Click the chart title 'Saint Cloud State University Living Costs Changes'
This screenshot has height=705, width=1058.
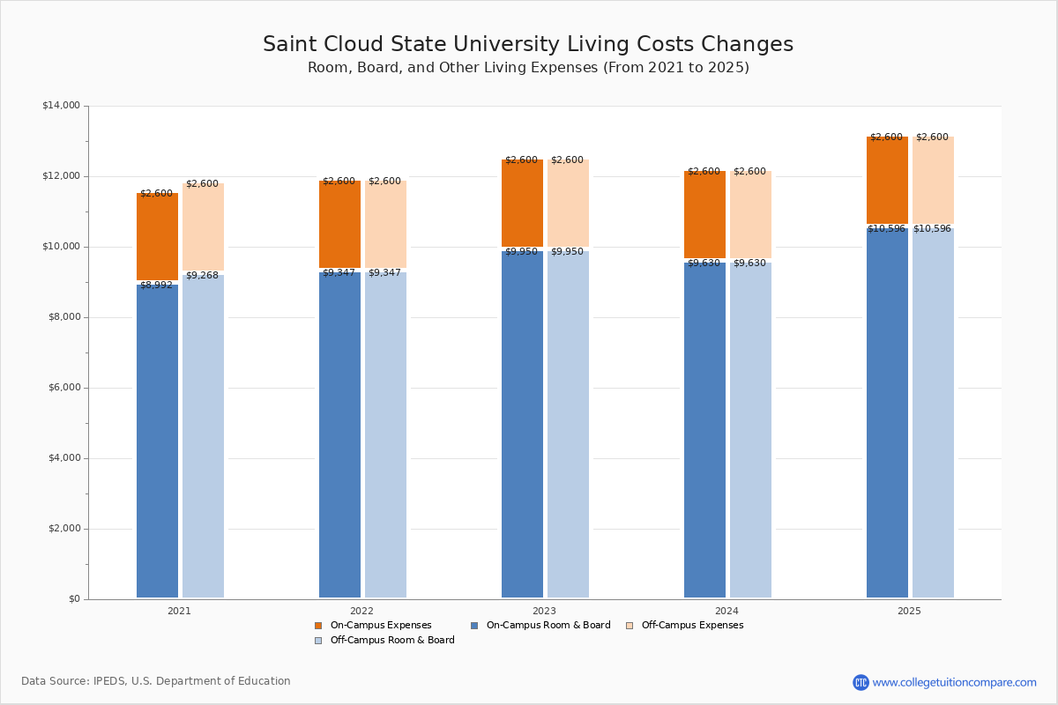coord(528,45)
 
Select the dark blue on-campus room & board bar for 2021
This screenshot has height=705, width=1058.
coord(157,441)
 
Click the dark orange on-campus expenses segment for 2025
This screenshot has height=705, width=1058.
coord(887,181)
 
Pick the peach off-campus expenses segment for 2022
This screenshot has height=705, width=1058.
coord(385,226)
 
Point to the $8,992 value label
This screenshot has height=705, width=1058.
coord(156,286)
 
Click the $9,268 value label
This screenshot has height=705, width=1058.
coord(202,276)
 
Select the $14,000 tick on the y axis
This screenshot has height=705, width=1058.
coord(61,106)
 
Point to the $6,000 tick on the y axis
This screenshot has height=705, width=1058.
coord(63,388)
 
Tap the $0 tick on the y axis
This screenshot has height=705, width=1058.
coord(73,599)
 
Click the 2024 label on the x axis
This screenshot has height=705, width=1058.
coord(726,611)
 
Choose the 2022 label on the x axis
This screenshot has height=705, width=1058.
coord(361,611)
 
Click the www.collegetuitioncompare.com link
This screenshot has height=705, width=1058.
coord(954,682)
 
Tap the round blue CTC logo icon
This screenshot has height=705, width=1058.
coord(861,682)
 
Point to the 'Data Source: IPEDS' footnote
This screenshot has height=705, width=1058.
coord(156,681)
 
